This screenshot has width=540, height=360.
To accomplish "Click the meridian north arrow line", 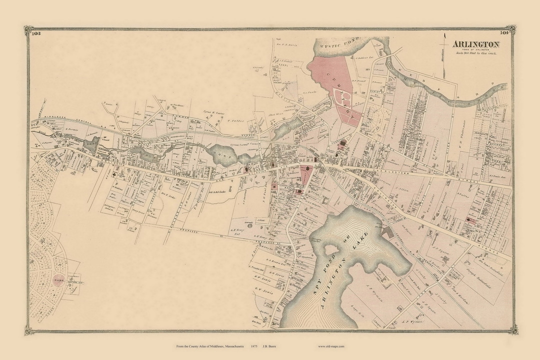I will tap(443, 55).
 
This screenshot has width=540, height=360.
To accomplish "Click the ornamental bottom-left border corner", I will tap(29, 329).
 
